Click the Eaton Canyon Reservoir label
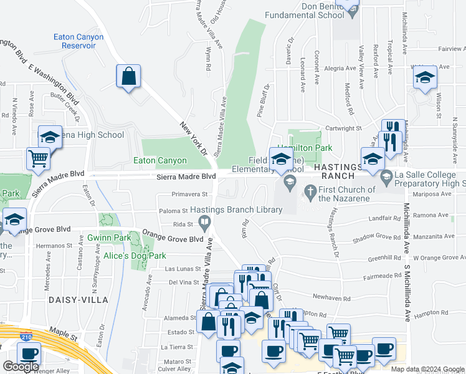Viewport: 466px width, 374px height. click(78, 42)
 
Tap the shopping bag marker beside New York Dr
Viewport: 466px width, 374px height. click(128, 77)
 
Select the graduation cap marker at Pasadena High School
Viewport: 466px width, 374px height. click(50, 137)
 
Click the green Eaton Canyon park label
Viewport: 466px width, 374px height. click(160, 161)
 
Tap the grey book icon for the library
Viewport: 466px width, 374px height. click(204, 221)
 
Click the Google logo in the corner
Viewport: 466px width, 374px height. click(21, 366)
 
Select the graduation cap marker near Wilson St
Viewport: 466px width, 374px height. click(426, 77)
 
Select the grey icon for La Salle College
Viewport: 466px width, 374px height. click(386, 177)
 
